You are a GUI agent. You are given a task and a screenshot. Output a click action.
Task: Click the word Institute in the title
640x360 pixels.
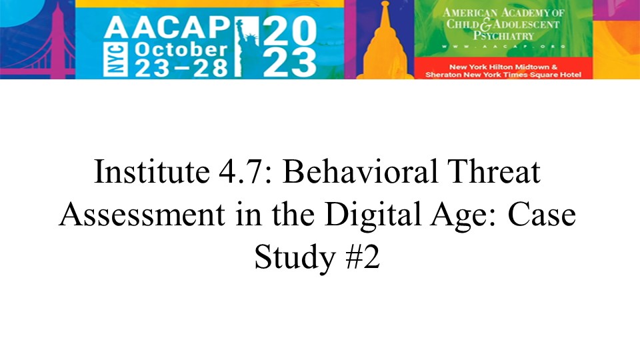coord(152,172)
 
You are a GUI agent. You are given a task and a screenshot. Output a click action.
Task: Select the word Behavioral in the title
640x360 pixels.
coord(360,172)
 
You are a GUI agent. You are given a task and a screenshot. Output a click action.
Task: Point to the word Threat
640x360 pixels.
coord(494,172)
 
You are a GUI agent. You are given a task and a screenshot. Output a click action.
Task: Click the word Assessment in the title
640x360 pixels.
coord(141,215)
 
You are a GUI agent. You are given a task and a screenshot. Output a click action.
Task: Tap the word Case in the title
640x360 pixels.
coord(541,215)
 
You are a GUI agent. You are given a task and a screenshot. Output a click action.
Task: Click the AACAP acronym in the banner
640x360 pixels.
coord(168,28)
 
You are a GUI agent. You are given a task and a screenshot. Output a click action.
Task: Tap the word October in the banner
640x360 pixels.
coord(181,50)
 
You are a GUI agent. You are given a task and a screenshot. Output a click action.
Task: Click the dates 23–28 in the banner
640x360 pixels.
coord(181,68)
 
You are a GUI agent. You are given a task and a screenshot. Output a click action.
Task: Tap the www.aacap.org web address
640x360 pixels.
coord(503,47)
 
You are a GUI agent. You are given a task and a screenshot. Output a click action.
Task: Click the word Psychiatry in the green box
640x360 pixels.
coord(504,36)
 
